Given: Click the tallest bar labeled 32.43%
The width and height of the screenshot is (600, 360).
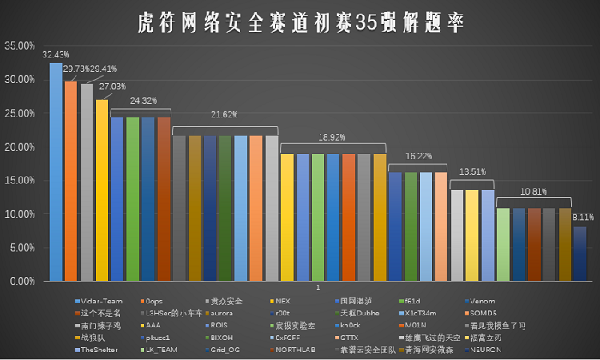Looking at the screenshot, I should (x=56, y=171).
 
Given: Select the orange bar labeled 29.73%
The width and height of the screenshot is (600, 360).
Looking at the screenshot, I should (x=71, y=181).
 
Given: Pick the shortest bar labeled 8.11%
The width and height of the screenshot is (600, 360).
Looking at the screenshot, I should (x=580, y=254).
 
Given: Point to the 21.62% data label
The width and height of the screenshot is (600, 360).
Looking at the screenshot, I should (x=225, y=114).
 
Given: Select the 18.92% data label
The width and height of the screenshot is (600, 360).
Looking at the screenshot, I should (x=333, y=135).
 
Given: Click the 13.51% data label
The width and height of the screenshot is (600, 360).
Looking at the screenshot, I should (x=471, y=171).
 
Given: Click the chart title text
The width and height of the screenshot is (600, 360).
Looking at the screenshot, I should (x=300, y=21).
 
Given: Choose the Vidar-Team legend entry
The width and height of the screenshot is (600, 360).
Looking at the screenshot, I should (x=103, y=302).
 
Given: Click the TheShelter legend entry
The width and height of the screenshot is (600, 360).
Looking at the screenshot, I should (x=102, y=350).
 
